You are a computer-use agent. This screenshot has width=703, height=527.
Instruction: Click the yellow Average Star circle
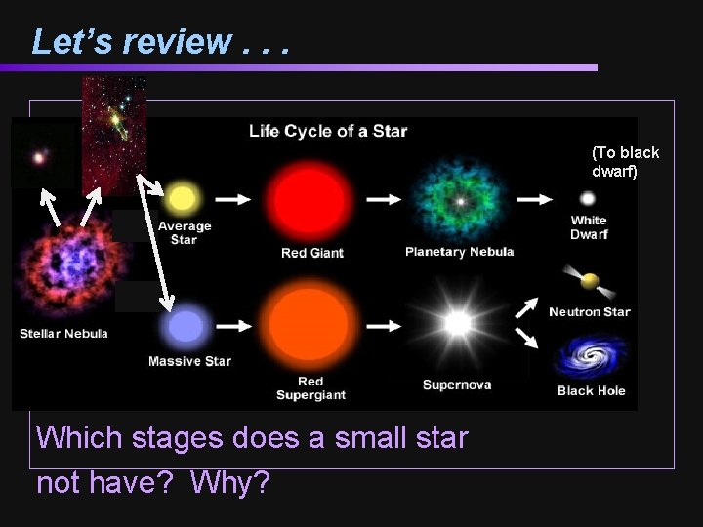(182, 199)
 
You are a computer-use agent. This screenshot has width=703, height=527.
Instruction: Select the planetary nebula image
(458, 200)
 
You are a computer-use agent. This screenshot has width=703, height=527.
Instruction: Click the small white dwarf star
(588, 199)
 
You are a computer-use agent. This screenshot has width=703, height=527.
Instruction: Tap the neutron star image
(589, 282)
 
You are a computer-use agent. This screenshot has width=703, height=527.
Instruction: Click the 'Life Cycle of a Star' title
(328, 130)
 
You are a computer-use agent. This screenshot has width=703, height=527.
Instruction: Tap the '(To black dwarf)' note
(625, 161)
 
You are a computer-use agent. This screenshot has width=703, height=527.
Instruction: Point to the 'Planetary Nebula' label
(459, 252)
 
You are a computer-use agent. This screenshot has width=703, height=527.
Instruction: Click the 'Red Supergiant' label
(310, 388)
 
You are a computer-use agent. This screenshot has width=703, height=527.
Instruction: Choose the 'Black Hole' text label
(591, 391)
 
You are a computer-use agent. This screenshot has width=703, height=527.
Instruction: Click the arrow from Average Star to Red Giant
(232, 199)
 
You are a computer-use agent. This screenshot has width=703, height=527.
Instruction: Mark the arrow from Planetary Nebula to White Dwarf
(535, 199)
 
